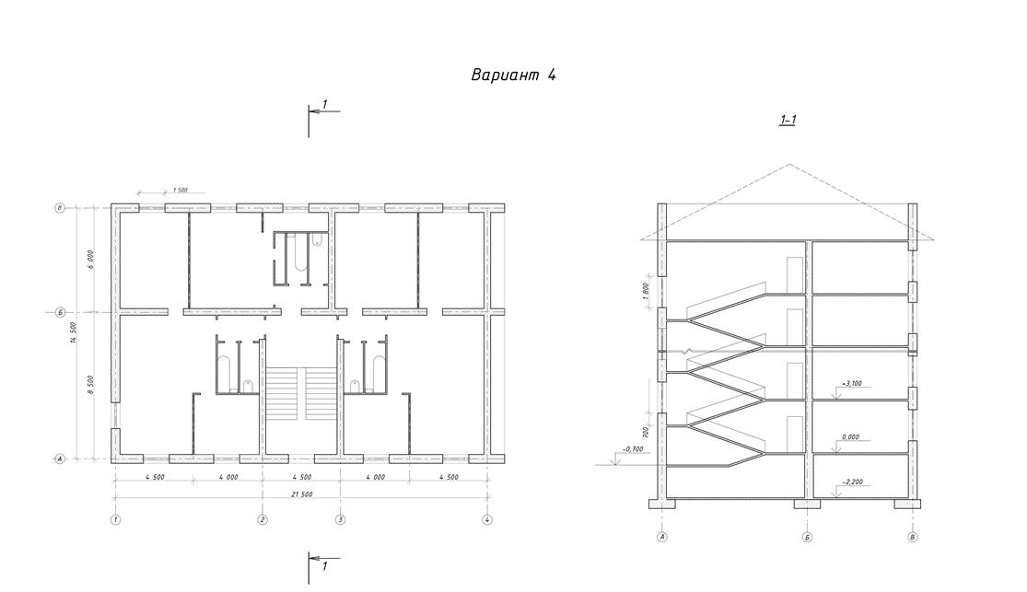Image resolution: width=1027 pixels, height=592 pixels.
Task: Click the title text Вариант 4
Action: coord(513,75)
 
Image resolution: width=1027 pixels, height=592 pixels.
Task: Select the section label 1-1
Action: coord(788,120)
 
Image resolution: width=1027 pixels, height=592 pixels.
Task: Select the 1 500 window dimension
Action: coord(180,190)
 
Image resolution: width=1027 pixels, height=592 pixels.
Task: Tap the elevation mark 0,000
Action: coord(850,437)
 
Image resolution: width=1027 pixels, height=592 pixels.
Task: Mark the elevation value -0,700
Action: coord(632,448)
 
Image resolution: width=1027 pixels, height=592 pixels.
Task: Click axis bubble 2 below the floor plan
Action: coord(263,520)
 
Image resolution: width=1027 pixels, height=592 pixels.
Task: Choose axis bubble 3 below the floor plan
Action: coord(340,520)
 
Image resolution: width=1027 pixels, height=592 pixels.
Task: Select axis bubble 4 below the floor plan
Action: coord(487,520)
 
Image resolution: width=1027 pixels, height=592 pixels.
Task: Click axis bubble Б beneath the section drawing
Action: coord(807,536)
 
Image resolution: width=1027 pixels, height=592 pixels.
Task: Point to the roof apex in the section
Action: coord(788,165)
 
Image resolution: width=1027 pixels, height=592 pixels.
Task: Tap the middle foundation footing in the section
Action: coord(807,505)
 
